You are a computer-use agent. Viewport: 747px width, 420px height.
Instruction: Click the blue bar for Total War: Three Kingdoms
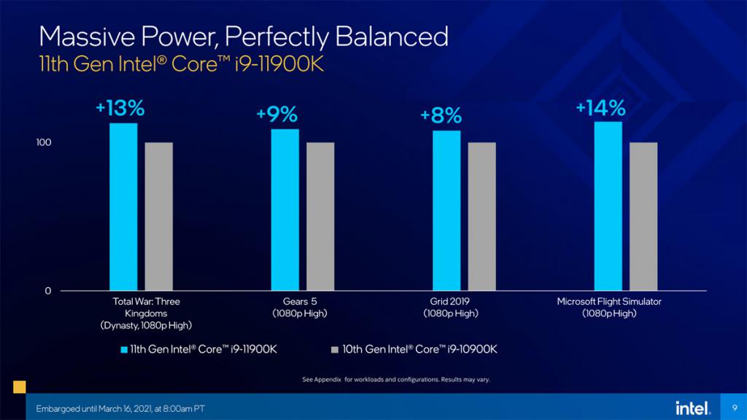click(x=123, y=207)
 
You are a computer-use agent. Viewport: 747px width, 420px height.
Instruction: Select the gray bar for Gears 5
click(x=320, y=216)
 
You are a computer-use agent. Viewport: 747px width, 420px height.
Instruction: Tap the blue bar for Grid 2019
click(x=446, y=210)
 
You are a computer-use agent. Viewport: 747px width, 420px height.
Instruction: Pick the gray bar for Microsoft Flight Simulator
click(x=643, y=216)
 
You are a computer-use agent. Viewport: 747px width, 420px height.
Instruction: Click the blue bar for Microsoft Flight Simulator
click(x=608, y=206)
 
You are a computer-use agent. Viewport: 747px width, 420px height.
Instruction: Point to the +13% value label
click(x=120, y=108)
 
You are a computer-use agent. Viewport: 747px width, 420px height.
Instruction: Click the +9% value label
click(x=276, y=115)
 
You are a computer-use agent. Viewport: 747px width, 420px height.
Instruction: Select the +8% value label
click(x=441, y=115)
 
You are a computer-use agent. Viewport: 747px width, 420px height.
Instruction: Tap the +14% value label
click(x=601, y=108)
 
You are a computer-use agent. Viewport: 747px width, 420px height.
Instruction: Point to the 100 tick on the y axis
click(x=43, y=142)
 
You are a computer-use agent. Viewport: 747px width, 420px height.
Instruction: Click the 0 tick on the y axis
click(x=47, y=291)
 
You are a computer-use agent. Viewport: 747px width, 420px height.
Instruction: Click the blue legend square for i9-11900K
click(x=124, y=350)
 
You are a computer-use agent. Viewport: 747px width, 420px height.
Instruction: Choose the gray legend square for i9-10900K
click(x=334, y=350)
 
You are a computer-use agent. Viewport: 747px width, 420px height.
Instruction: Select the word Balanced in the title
click(x=392, y=37)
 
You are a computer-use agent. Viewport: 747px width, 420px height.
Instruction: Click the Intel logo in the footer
click(x=693, y=408)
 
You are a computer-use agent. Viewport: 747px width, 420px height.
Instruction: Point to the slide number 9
click(x=734, y=408)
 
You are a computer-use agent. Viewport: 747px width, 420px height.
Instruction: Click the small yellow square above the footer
click(x=20, y=386)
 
